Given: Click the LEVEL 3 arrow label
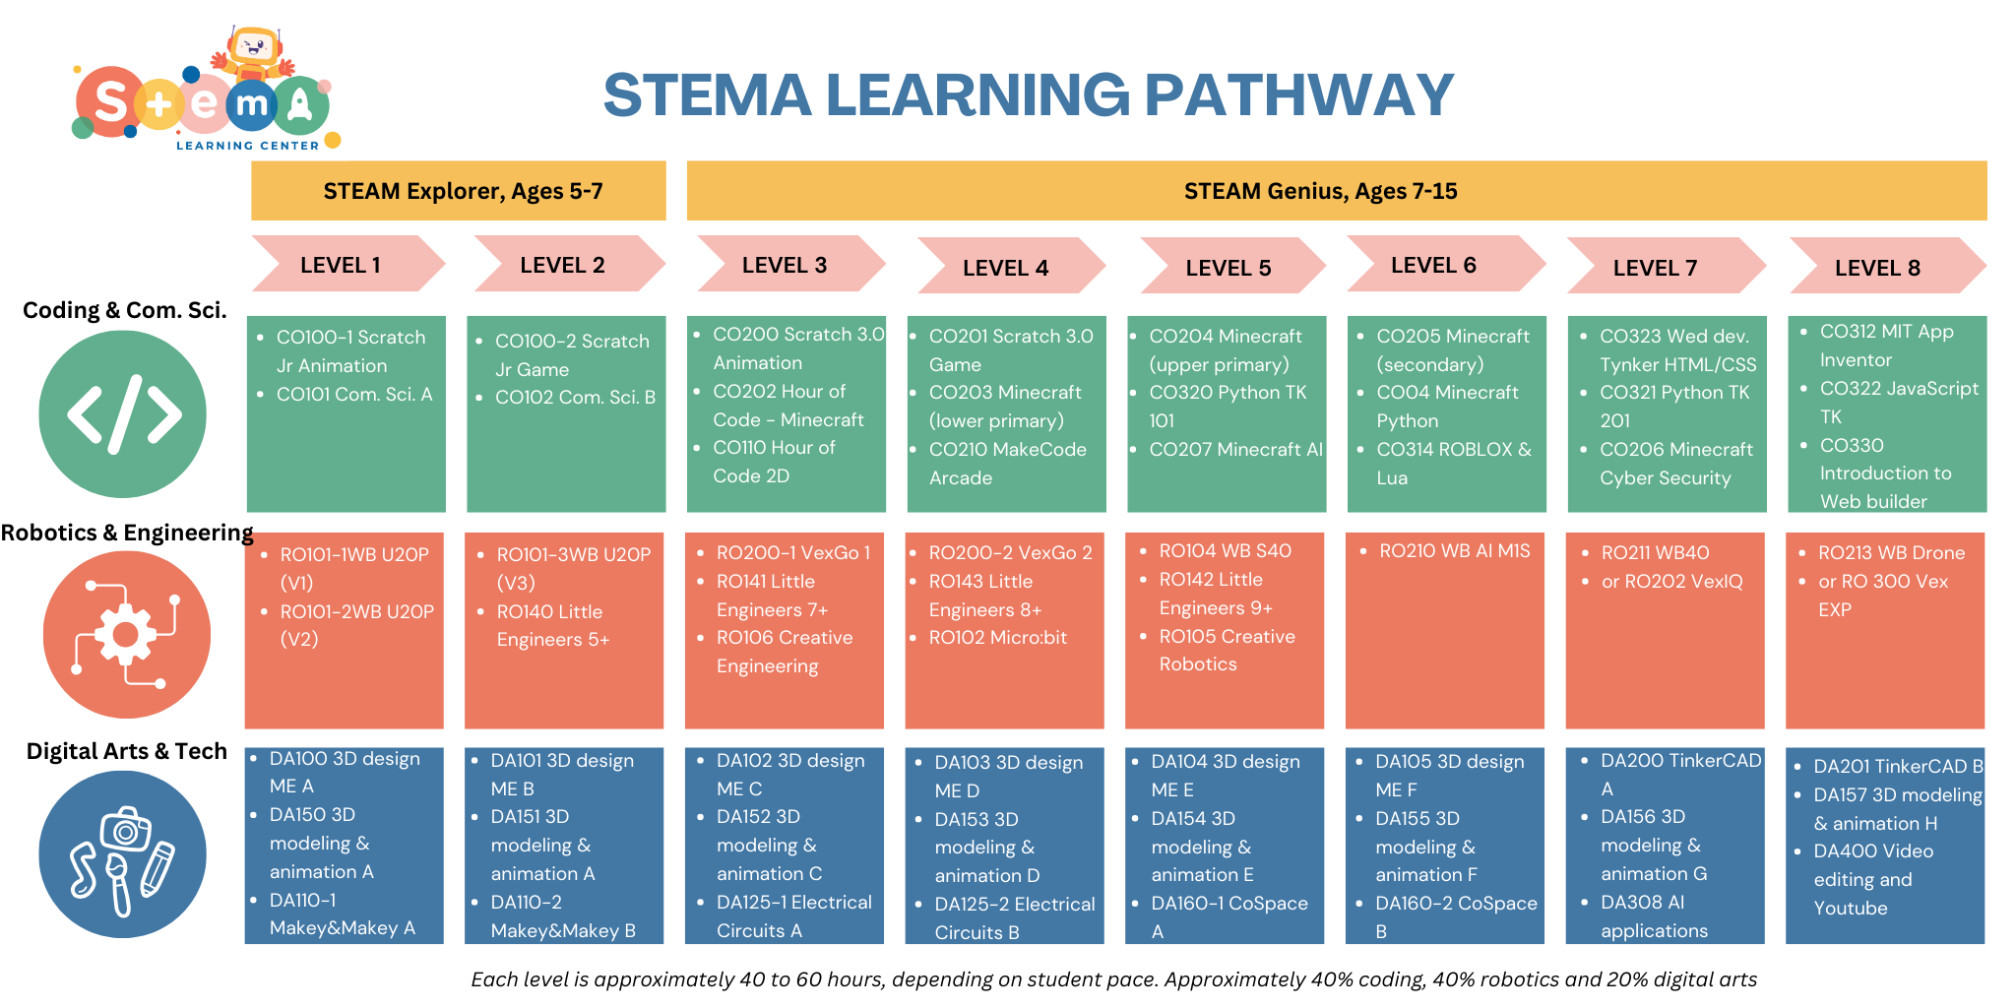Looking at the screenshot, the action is pyautogui.click(x=785, y=265).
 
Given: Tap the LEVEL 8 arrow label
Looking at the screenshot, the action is pyautogui.click(x=1878, y=268).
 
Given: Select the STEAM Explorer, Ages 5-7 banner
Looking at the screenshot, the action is pyautogui.click(x=459, y=191).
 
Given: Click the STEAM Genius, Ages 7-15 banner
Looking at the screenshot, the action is pyautogui.click(x=1337, y=191).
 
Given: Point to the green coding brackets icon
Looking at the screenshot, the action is pyautogui.click(x=122, y=414).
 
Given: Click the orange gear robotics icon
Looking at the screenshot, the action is pyautogui.click(x=126, y=634).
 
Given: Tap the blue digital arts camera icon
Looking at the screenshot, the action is pyautogui.click(x=122, y=854).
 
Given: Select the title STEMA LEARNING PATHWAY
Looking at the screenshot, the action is pyautogui.click(x=1029, y=94).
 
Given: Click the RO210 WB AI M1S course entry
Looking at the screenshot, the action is pyautogui.click(x=1455, y=551).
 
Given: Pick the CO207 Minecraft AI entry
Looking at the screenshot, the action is pyautogui.click(x=1236, y=450).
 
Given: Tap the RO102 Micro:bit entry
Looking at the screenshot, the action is pyautogui.click(x=998, y=638).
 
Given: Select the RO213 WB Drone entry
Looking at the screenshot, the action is pyautogui.click(x=1891, y=553).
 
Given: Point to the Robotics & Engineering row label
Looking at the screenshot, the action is pyautogui.click(x=127, y=533).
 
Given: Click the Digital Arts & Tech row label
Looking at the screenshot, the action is pyautogui.click(x=127, y=751).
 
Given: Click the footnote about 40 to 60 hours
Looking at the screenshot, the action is pyautogui.click(x=1113, y=979).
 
